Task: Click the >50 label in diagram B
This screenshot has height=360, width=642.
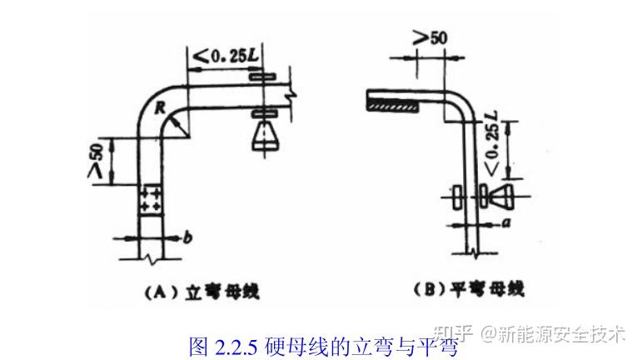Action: (x=430, y=37)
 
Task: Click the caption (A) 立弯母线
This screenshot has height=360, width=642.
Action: (x=192, y=292)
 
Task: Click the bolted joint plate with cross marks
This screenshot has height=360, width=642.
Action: (x=152, y=197)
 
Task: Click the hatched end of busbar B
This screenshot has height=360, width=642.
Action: (x=396, y=104)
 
